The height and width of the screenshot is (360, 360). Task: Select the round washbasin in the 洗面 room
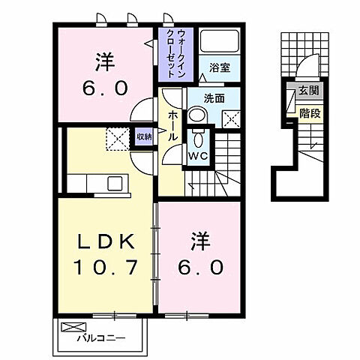pyautogui.click(x=196, y=115)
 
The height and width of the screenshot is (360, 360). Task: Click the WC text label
pyautogui.click(x=197, y=157)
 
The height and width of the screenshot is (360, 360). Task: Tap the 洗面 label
pyautogui.click(x=215, y=97)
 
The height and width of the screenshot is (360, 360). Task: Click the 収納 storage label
pyautogui.click(x=144, y=136)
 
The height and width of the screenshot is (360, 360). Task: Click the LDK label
pyautogui.click(x=106, y=243)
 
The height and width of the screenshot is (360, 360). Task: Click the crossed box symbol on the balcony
pyautogui.click(x=69, y=327)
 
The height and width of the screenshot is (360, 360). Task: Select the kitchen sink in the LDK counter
pyautogui.click(x=115, y=183)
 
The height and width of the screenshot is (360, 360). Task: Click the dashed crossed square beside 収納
pyautogui.click(x=116, y=137)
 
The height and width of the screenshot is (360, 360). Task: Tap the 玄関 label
pyautogui.click(x=308, y=91)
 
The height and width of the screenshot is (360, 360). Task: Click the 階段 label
pyautogui.click(x=308, y=114)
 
